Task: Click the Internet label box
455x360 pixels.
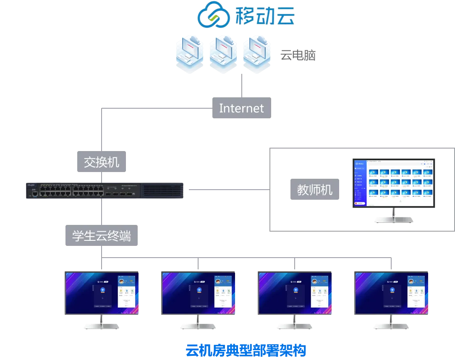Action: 241,109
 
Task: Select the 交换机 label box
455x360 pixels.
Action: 102,162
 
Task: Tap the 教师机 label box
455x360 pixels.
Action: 314,190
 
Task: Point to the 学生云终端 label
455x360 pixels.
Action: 101,236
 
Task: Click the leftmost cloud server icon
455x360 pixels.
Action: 190,53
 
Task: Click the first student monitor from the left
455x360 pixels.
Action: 102,292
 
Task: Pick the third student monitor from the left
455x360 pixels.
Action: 294,292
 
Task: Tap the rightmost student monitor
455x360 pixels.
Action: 391,292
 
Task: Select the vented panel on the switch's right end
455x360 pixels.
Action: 162,190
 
